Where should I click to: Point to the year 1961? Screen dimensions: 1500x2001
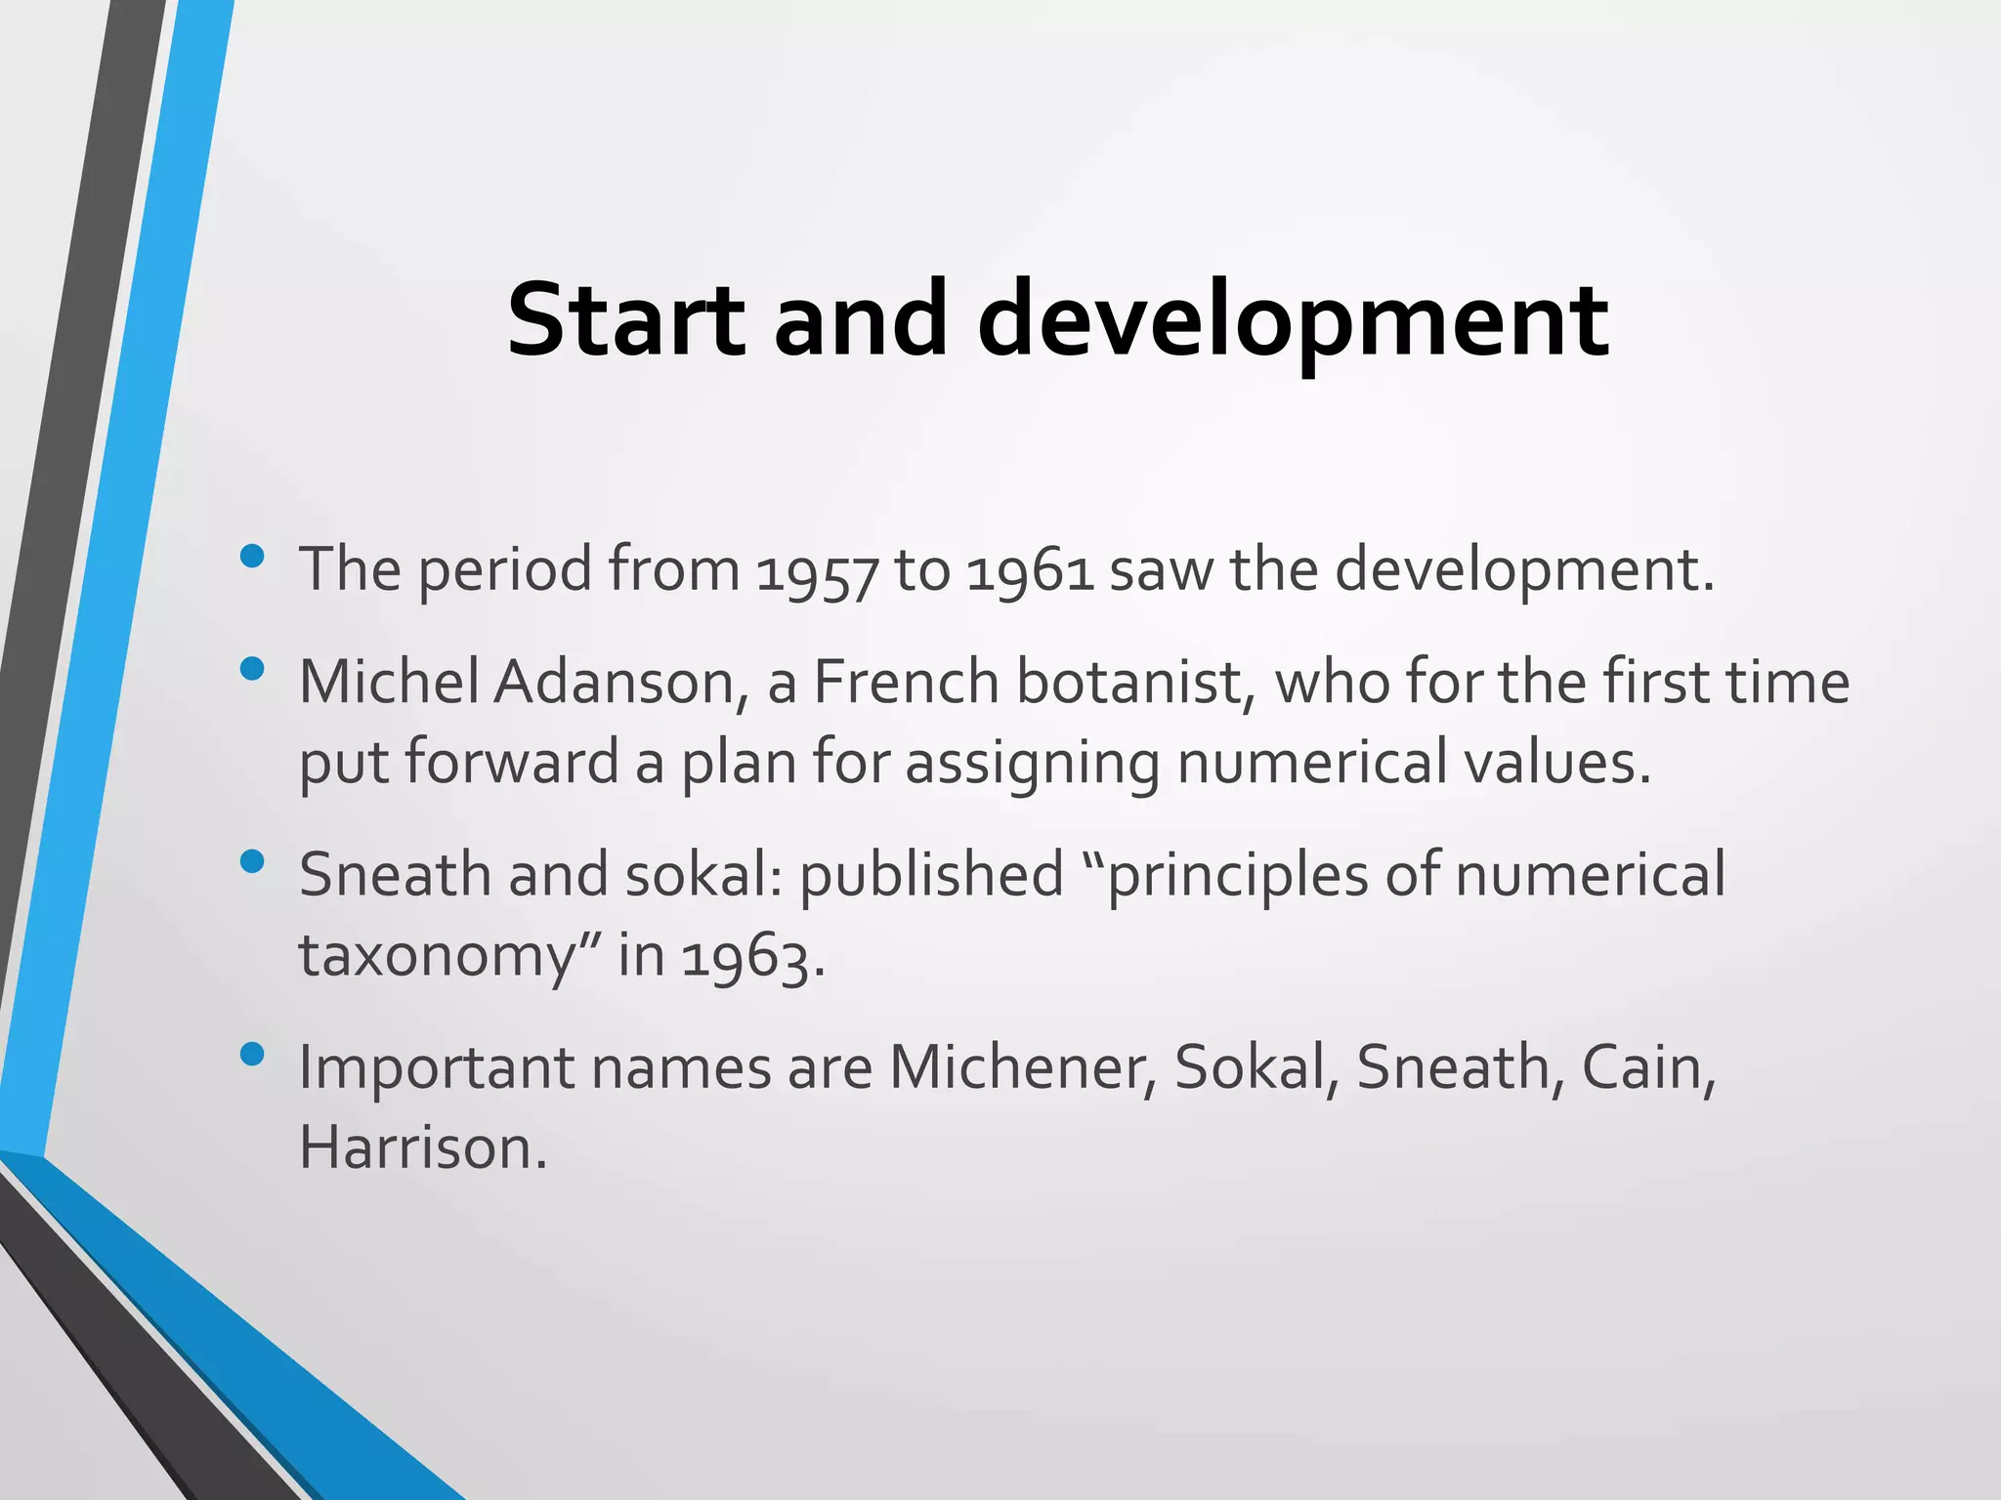click(x=1030, y=570)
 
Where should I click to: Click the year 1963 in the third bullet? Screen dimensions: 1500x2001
click(x=745, y=957)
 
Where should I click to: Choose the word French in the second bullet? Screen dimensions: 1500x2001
click(x=906, y=682)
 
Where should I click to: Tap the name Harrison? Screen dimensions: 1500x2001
click(x=422, y=1147)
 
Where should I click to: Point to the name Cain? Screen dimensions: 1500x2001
click(x=1647, y=1067)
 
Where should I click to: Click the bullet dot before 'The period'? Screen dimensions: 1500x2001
click(x=252, y=557)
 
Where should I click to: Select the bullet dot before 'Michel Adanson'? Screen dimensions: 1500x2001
click(x=252, y=669)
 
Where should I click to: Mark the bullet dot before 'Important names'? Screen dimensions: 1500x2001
click(x=252, y=1055)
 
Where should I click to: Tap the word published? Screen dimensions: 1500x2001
click(x=931, y=875)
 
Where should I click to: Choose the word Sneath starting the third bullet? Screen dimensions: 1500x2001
click(x=395, y=874)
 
